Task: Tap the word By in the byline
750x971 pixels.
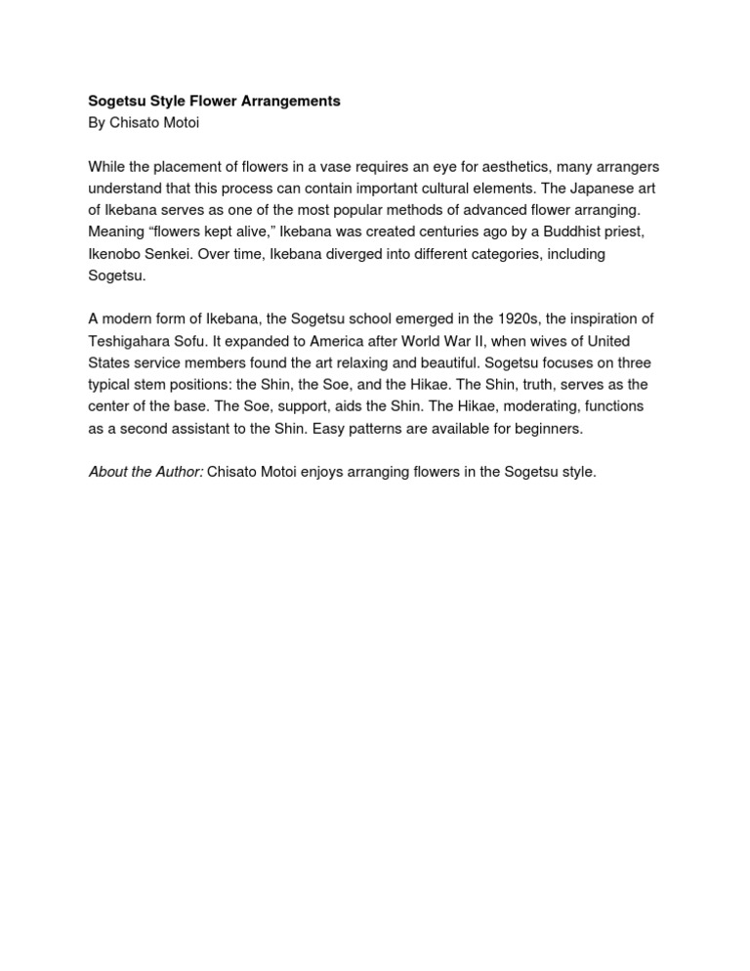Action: coord(98,122)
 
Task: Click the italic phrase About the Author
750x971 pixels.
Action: coord(146,472)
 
